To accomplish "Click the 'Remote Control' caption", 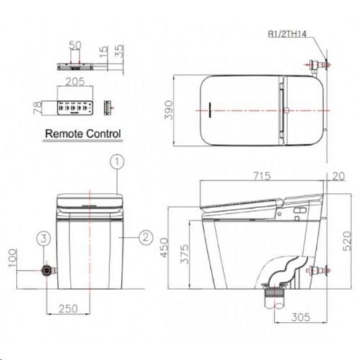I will pyautogui.click(x=83, y=133).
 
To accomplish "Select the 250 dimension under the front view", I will pyautogui.click(x=68, y=308).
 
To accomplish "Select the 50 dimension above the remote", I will pyautogui.click(x=74, y=45).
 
